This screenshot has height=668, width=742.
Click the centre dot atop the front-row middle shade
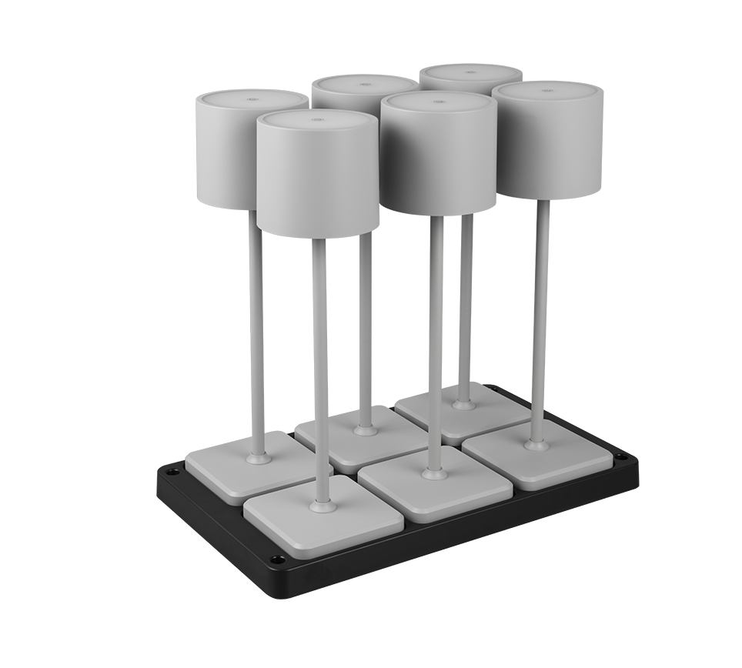438,101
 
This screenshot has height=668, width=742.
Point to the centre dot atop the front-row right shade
547,91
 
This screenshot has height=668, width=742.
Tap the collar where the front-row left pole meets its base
321,506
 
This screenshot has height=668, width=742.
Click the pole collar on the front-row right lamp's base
536,443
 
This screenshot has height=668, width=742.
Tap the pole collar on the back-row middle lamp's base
363,428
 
